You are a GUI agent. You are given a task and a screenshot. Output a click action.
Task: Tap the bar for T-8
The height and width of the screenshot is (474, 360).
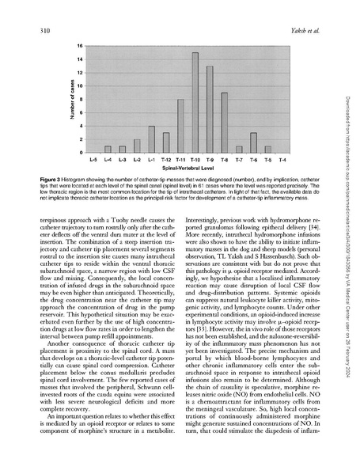pyautogui.click(x=224, y=122)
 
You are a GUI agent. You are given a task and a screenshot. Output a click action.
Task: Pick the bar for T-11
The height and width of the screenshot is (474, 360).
pyautogui.click(x=180, y=125)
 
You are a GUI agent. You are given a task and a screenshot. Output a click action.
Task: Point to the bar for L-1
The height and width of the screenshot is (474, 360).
pyautogui.click(x=151, y=138)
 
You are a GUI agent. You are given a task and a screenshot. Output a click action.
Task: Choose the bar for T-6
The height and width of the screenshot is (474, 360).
pyautogui.click(x=253, y=142)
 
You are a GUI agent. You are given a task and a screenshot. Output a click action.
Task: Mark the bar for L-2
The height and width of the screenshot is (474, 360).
pyautogui.click(x=137, y=146)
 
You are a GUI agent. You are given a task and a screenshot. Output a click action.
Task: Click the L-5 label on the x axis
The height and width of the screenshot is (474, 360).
pyautogui.click(x=93, y=160)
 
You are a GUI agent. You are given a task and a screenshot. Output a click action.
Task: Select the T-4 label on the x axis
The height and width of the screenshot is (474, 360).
pyautogui.click(x=282, y=160)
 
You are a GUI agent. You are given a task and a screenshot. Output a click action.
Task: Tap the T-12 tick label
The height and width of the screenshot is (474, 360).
pyautogui.click(x=165, y=160)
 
